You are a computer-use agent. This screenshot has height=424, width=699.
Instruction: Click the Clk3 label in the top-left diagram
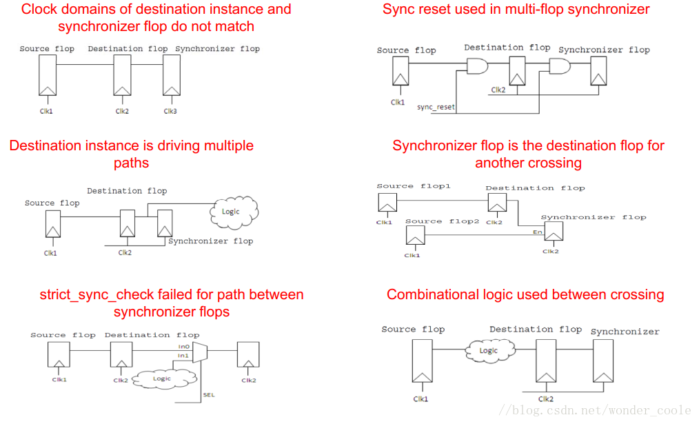tap(170, 111)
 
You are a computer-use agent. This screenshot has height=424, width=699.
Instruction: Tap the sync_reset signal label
tap(436, 108)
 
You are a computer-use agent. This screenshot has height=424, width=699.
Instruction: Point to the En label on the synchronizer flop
tap(538, 232)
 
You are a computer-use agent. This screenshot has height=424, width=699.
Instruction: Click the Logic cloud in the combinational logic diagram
tap(488, 351)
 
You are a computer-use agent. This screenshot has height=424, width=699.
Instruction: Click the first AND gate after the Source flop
tap(477, 67)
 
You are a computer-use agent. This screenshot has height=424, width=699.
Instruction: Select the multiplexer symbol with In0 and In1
tap(201, 352)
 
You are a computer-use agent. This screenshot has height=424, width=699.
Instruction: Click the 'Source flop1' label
tap(404, 186)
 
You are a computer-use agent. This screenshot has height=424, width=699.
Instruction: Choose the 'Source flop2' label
tap(442, 221)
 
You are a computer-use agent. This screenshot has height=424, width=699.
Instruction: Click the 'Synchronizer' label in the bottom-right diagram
tap(625, 332)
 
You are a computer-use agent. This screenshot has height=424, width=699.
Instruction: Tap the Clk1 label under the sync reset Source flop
tap(398, 103)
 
